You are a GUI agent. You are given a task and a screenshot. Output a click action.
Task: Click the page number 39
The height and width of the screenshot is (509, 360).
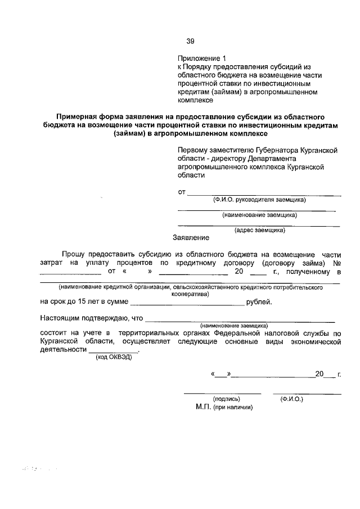(x=190, y=41)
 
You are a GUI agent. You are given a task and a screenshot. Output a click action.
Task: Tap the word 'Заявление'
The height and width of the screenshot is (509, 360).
(x=191, y=238)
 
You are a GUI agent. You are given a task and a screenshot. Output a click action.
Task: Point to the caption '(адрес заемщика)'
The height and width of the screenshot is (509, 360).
(x=259, y=229)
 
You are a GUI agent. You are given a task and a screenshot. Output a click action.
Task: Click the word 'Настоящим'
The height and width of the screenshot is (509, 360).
(x=58, y=318)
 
